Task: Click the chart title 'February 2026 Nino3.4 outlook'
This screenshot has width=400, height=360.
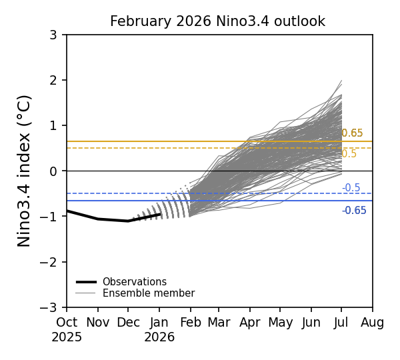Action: (x=217, y=21)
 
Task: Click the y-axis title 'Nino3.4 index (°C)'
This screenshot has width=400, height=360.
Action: (x=25, y=171)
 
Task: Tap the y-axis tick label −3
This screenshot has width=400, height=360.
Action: (x=53, y=307)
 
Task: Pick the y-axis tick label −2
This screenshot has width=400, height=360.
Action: (x=53, y=262)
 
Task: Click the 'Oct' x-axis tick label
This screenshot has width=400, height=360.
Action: (x=67, y=323)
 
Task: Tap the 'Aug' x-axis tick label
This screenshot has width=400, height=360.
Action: (x=372, y=323)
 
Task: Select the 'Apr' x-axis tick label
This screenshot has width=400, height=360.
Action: (x=250, y=323)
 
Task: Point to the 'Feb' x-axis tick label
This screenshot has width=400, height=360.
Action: (x=191, y=323)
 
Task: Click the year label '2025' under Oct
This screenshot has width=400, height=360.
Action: (x=67, y=337)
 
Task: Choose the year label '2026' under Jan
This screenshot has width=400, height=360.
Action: (x=159, y=337)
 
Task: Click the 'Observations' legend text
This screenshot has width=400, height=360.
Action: (x=134, y=282)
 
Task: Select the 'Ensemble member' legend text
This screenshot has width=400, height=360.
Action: (x=148, y=293)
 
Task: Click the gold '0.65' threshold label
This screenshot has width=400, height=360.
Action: (x=352, y=133)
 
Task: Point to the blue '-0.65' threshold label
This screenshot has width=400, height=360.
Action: (x=354, y=211)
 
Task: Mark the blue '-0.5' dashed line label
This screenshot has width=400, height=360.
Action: (x=351, y=188)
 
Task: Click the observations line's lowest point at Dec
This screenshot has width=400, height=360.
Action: (x=128, y=221)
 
